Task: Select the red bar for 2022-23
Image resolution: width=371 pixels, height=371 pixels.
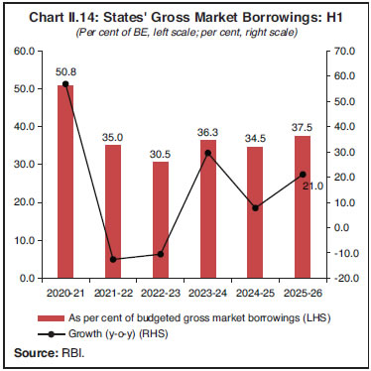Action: pos(160,220)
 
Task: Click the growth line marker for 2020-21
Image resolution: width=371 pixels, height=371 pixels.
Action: pos(64,84)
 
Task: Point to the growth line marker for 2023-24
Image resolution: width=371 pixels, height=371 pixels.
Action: pos(208,153)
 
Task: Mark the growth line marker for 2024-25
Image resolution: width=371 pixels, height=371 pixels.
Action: pos(256,208)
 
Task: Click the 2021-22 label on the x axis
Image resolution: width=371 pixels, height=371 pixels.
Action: pos(112,294)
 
